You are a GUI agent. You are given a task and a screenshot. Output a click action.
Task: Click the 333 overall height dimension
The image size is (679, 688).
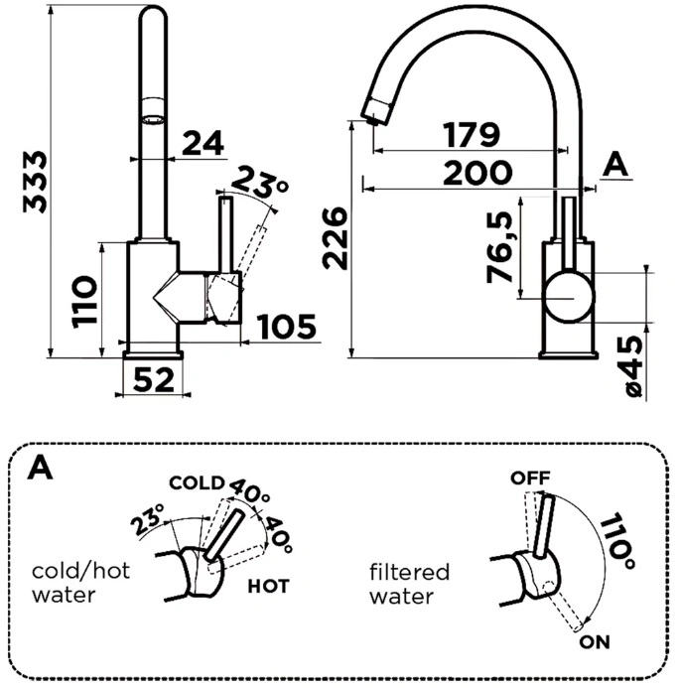click(x=35, y=182)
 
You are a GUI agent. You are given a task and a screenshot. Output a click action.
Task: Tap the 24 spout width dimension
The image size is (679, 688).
click(x=203, y=143)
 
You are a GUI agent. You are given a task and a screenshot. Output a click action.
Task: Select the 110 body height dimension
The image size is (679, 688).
click(x=84, y=302)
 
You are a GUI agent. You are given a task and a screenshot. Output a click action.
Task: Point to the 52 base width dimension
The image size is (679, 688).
click(x=153, y=379)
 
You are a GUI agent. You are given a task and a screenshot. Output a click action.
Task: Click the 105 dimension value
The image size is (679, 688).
click(x=287, y=327)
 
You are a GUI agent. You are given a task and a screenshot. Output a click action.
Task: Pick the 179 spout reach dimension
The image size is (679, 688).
click(x=471, y=135)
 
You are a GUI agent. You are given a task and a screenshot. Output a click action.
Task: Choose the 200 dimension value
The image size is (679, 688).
click(x=477, y=173)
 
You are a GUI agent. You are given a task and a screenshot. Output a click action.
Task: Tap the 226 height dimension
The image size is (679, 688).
click(x=335, y=238)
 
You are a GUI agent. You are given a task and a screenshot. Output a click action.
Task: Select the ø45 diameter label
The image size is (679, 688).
click(x=633, y=366)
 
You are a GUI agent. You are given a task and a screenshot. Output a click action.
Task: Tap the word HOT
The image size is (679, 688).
click(x=268, y=586)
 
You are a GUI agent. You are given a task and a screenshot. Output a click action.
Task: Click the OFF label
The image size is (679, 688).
click(x=530, y=478)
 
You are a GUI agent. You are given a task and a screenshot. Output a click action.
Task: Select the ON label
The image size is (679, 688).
click(x=595, y=642)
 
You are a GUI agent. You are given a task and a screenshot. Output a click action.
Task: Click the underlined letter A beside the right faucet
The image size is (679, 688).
click(x=615, y=165)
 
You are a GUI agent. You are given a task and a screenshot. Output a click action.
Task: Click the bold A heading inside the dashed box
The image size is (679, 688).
click(x=40, y=468)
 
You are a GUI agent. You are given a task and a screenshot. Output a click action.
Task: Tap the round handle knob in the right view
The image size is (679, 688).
click(x=569, y=297)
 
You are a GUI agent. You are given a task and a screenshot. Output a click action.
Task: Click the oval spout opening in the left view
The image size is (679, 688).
click(x=153, y=119)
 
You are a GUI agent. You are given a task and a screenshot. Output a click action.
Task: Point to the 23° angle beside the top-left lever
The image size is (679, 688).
click(x=259, y=183)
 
